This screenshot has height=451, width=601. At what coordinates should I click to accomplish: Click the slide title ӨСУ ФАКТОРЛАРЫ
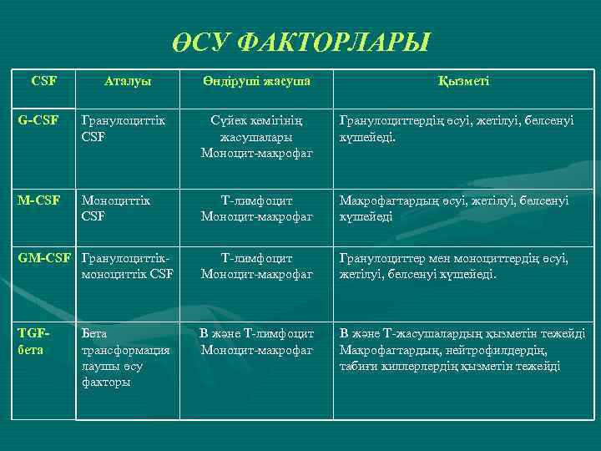[300, 41]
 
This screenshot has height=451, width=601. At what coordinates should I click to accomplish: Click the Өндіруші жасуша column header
[256, 81]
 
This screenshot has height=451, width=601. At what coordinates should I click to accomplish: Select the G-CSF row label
[38, 120]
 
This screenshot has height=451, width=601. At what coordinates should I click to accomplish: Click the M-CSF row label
[39, 201]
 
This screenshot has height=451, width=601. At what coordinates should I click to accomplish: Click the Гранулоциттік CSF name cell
[124, 128]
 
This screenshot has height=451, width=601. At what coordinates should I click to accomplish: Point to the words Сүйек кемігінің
[256, 120]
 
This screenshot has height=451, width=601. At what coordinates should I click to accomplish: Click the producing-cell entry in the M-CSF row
[256, 209]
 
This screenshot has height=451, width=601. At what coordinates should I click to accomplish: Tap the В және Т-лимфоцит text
[256, 333]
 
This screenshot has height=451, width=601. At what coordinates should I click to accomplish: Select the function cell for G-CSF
[455, 128]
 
